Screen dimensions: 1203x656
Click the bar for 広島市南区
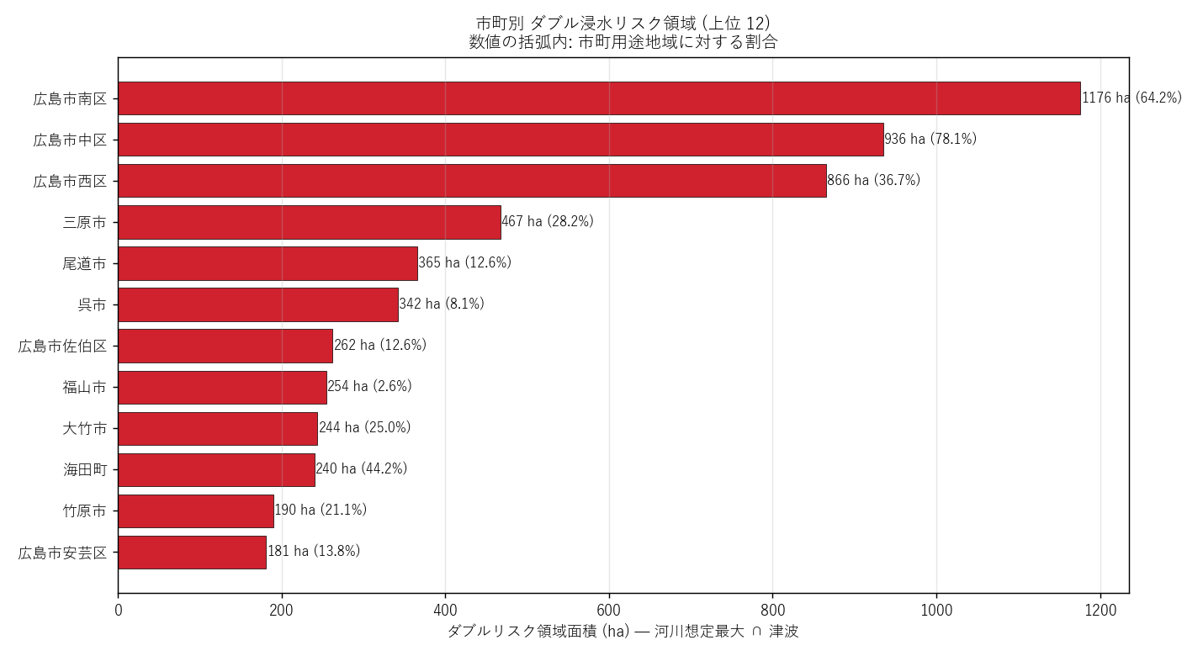pos(599,98)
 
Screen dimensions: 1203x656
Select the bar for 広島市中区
pos(501,140)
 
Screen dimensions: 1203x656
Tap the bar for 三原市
pos(310,222)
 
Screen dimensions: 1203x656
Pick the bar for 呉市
pos(258,305)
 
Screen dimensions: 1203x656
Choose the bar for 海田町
pos(217,470)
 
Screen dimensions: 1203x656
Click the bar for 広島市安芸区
pos(193,553)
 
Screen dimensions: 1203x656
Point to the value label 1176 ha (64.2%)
pos(1132,98)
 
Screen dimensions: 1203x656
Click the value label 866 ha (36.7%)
pos(874,180)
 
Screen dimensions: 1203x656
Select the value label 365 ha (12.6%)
pos(465,262)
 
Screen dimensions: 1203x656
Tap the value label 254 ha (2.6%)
pos(369,386)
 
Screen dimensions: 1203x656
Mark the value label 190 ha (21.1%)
pos(321,510)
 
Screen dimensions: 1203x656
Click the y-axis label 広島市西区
pos(71,182)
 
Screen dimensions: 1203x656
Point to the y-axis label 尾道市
pos(85,263)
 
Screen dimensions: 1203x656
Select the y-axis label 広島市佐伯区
pos(63,347)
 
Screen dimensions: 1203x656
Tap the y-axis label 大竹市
pos(85,428)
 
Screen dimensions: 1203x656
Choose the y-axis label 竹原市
pos(85,511)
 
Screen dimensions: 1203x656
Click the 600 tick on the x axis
pos(609,611)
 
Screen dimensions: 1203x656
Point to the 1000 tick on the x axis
pos(936,611)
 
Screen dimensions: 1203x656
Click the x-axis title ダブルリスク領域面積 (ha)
pos(538,632)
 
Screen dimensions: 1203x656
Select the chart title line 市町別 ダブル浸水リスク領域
pos(586,23)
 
